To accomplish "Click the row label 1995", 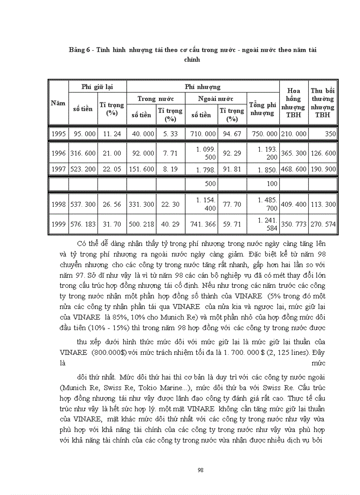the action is point(58,134).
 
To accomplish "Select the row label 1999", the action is point(58,224).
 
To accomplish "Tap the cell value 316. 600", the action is point(83,153).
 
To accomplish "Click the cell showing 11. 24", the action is point(112,134).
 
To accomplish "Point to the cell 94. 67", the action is point(232,134).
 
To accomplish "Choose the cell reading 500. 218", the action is point(141,224).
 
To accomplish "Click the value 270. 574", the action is point(322,224).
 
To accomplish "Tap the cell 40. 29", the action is point(170,224).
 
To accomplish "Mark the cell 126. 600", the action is point(322,153).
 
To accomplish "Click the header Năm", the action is point(58,103).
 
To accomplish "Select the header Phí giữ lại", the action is point(97,87).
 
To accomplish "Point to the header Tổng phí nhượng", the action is point(262,108).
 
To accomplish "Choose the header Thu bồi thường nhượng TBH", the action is point(322,103).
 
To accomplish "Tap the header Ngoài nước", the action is point(216,98).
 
